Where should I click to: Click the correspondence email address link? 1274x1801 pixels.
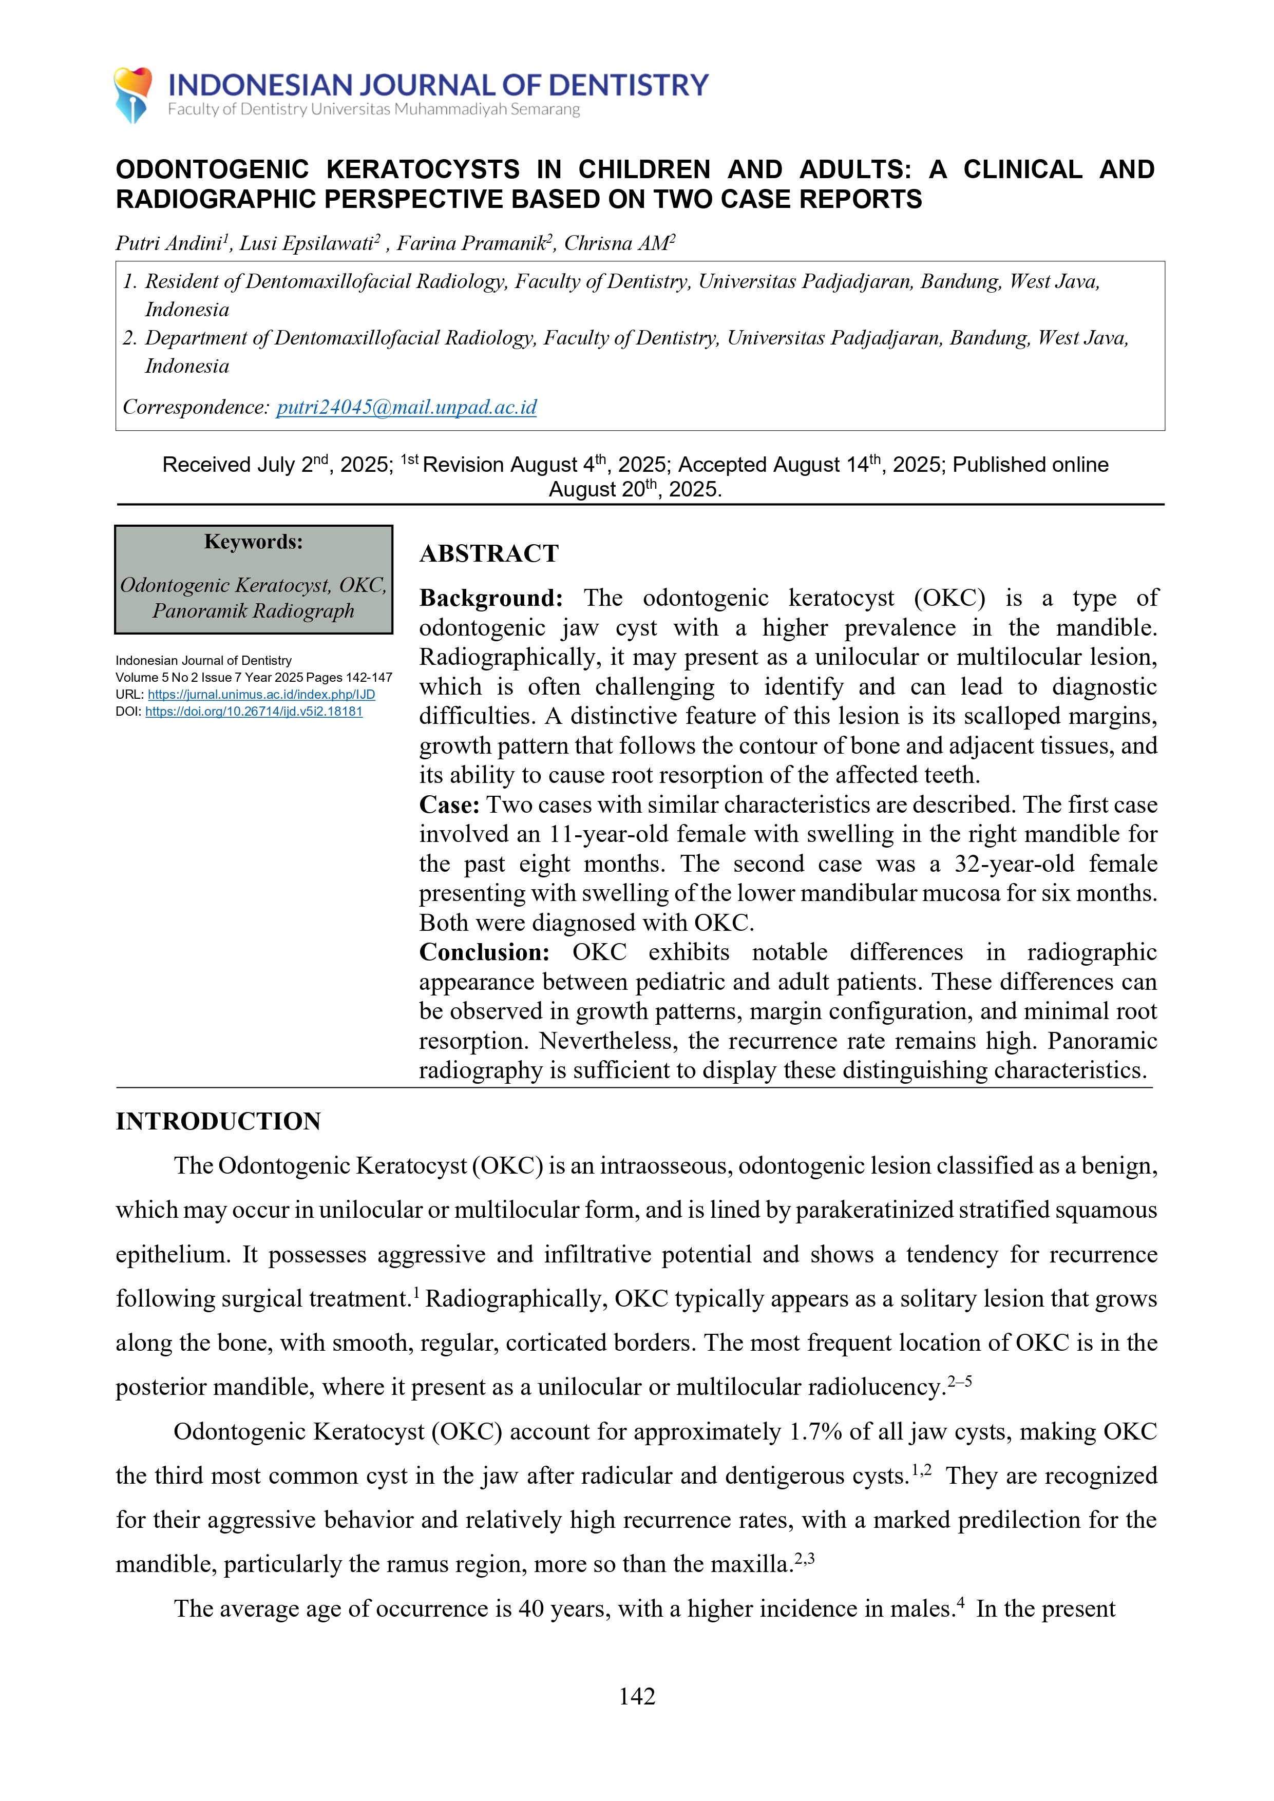point(406,407)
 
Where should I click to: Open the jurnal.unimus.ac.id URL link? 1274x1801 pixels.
point(261,694)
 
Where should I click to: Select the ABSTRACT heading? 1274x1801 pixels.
point(489,554)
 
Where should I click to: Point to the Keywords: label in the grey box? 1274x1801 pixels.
point(253,542)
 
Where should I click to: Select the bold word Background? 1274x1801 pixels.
point(491,599)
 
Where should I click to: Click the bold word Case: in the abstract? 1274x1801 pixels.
point(449,805)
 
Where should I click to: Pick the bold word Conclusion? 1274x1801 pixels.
point(484,952)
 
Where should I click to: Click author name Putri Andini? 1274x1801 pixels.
point(168,244)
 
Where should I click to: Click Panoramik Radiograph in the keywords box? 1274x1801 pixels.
point(253,611)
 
